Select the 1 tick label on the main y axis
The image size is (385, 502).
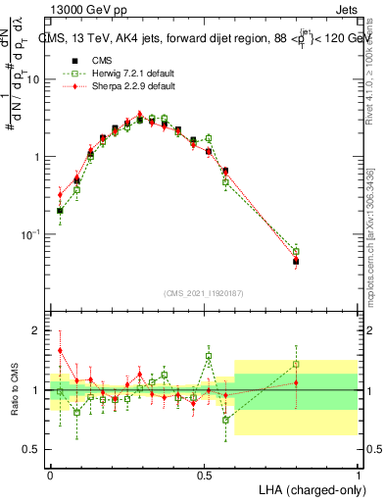pos(39,157)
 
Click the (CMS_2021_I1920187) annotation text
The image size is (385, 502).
pos(204,293)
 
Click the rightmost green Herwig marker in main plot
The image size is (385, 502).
pos(296,252)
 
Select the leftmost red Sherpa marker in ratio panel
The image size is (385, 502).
pos(61,350)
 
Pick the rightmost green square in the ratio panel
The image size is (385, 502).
pos(296,364)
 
